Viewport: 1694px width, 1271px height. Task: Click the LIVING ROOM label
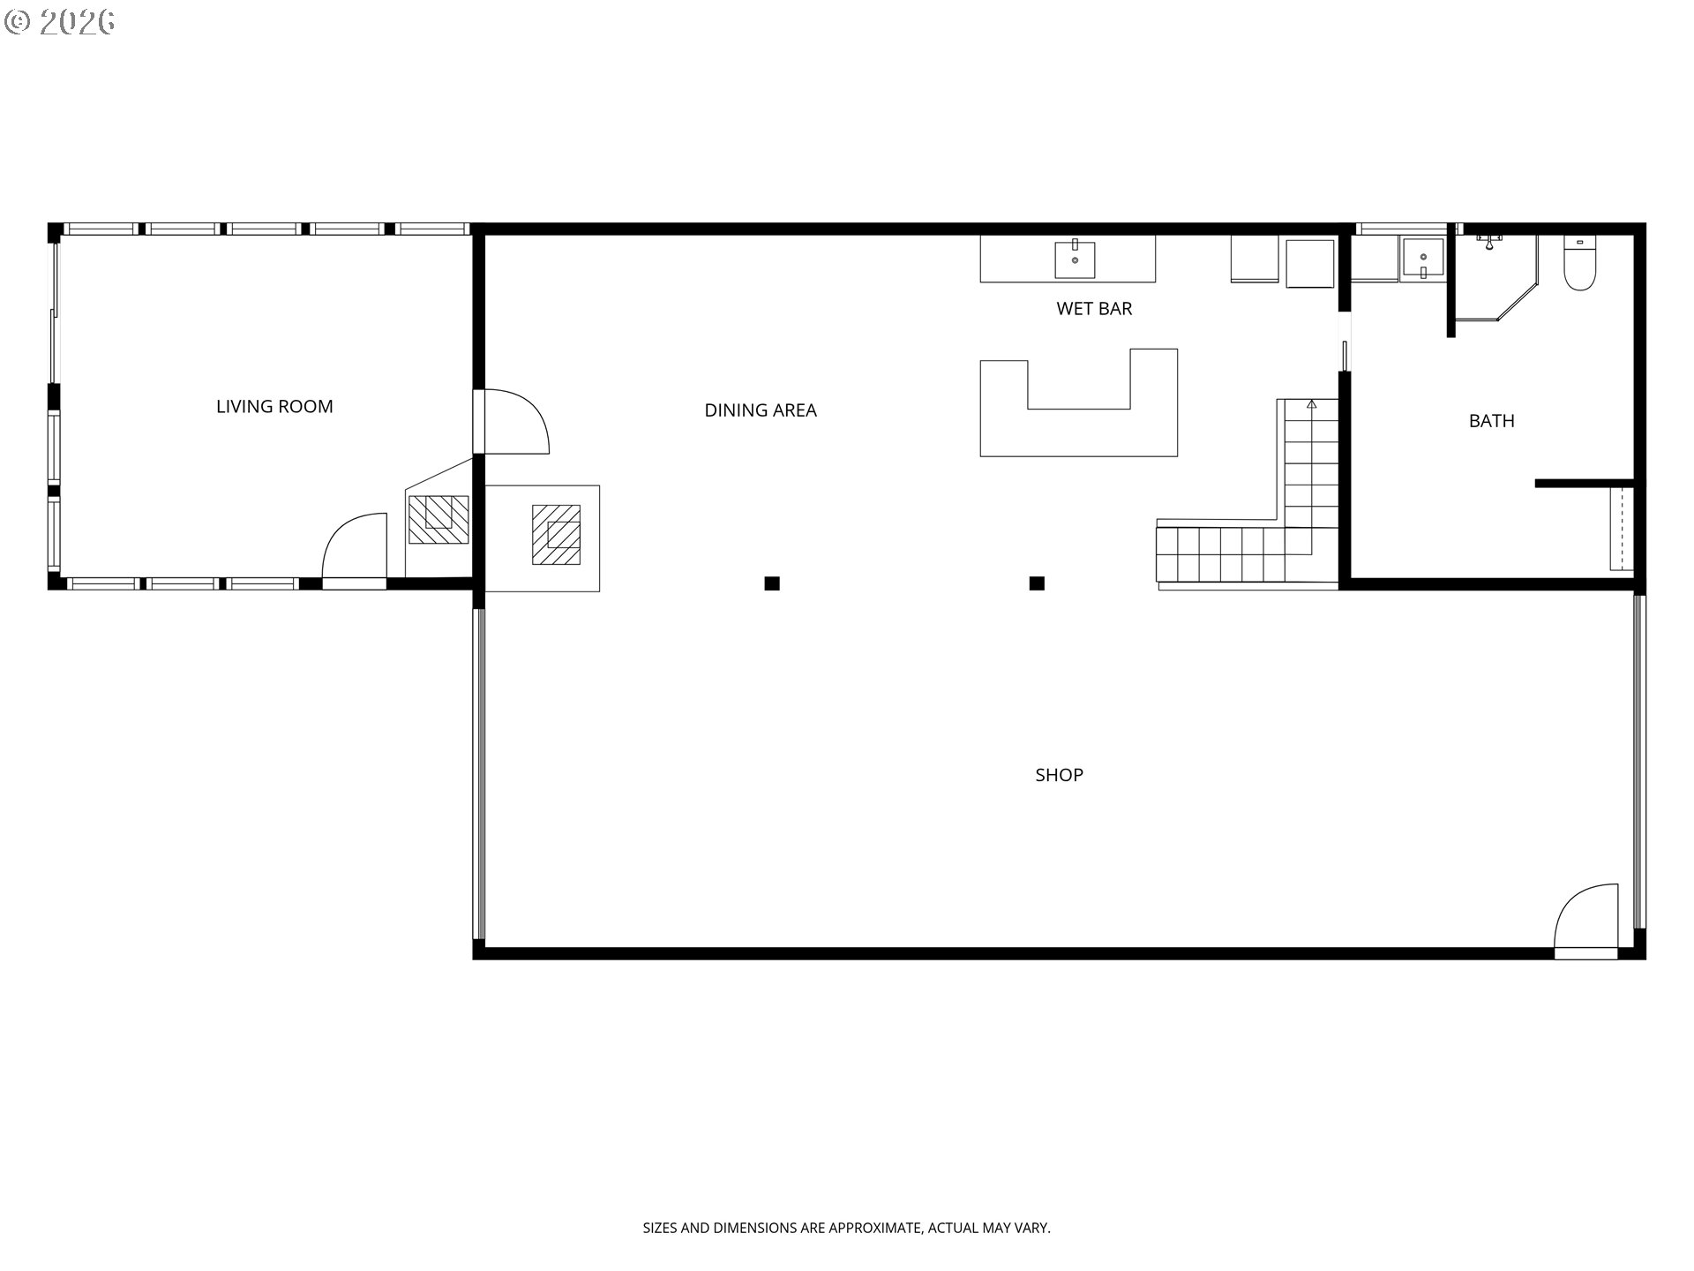(x=274, y=407)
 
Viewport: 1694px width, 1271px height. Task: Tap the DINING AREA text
(x=761, y=410)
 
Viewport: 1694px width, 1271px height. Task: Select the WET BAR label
(x=1094, y=309)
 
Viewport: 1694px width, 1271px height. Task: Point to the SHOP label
(x=1059, y=775)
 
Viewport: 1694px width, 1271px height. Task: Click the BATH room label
(x=1492, y=421)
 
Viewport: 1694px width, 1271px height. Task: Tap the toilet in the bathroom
(x=1579, y=262)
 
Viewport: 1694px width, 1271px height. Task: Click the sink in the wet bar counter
(x=1075, y=259)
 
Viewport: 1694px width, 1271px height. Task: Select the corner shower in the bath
(x=1495, y=275)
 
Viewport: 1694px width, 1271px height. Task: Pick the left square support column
(x=772, y=583)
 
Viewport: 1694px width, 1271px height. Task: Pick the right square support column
(x=1037, y=583)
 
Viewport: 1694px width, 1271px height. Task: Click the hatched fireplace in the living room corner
(x=438, y=520)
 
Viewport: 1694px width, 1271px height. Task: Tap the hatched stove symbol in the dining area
(x=557, y=535)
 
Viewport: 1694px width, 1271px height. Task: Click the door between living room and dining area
(x=513, y=422)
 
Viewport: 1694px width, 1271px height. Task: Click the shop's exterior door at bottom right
(x=1586, y=921)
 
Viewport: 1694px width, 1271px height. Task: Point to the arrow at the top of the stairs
(x=1312, y=404)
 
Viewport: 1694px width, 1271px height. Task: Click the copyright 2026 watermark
(x=60, y=22)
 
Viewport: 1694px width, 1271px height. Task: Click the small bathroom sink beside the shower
(x=1423, y=259)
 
